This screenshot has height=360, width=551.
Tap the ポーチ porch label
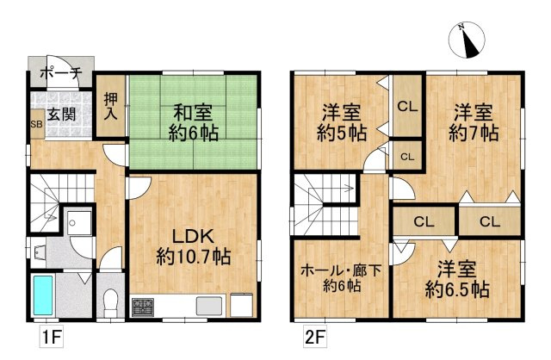[60, 74]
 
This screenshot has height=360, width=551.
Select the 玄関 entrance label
[60, 114]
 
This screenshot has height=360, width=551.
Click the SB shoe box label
[36, 125]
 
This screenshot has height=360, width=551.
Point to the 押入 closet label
[111, 105]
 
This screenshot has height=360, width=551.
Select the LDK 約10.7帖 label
[193, 245]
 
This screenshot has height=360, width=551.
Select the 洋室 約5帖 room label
[342, 123]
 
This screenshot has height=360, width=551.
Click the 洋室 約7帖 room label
[473, 123]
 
